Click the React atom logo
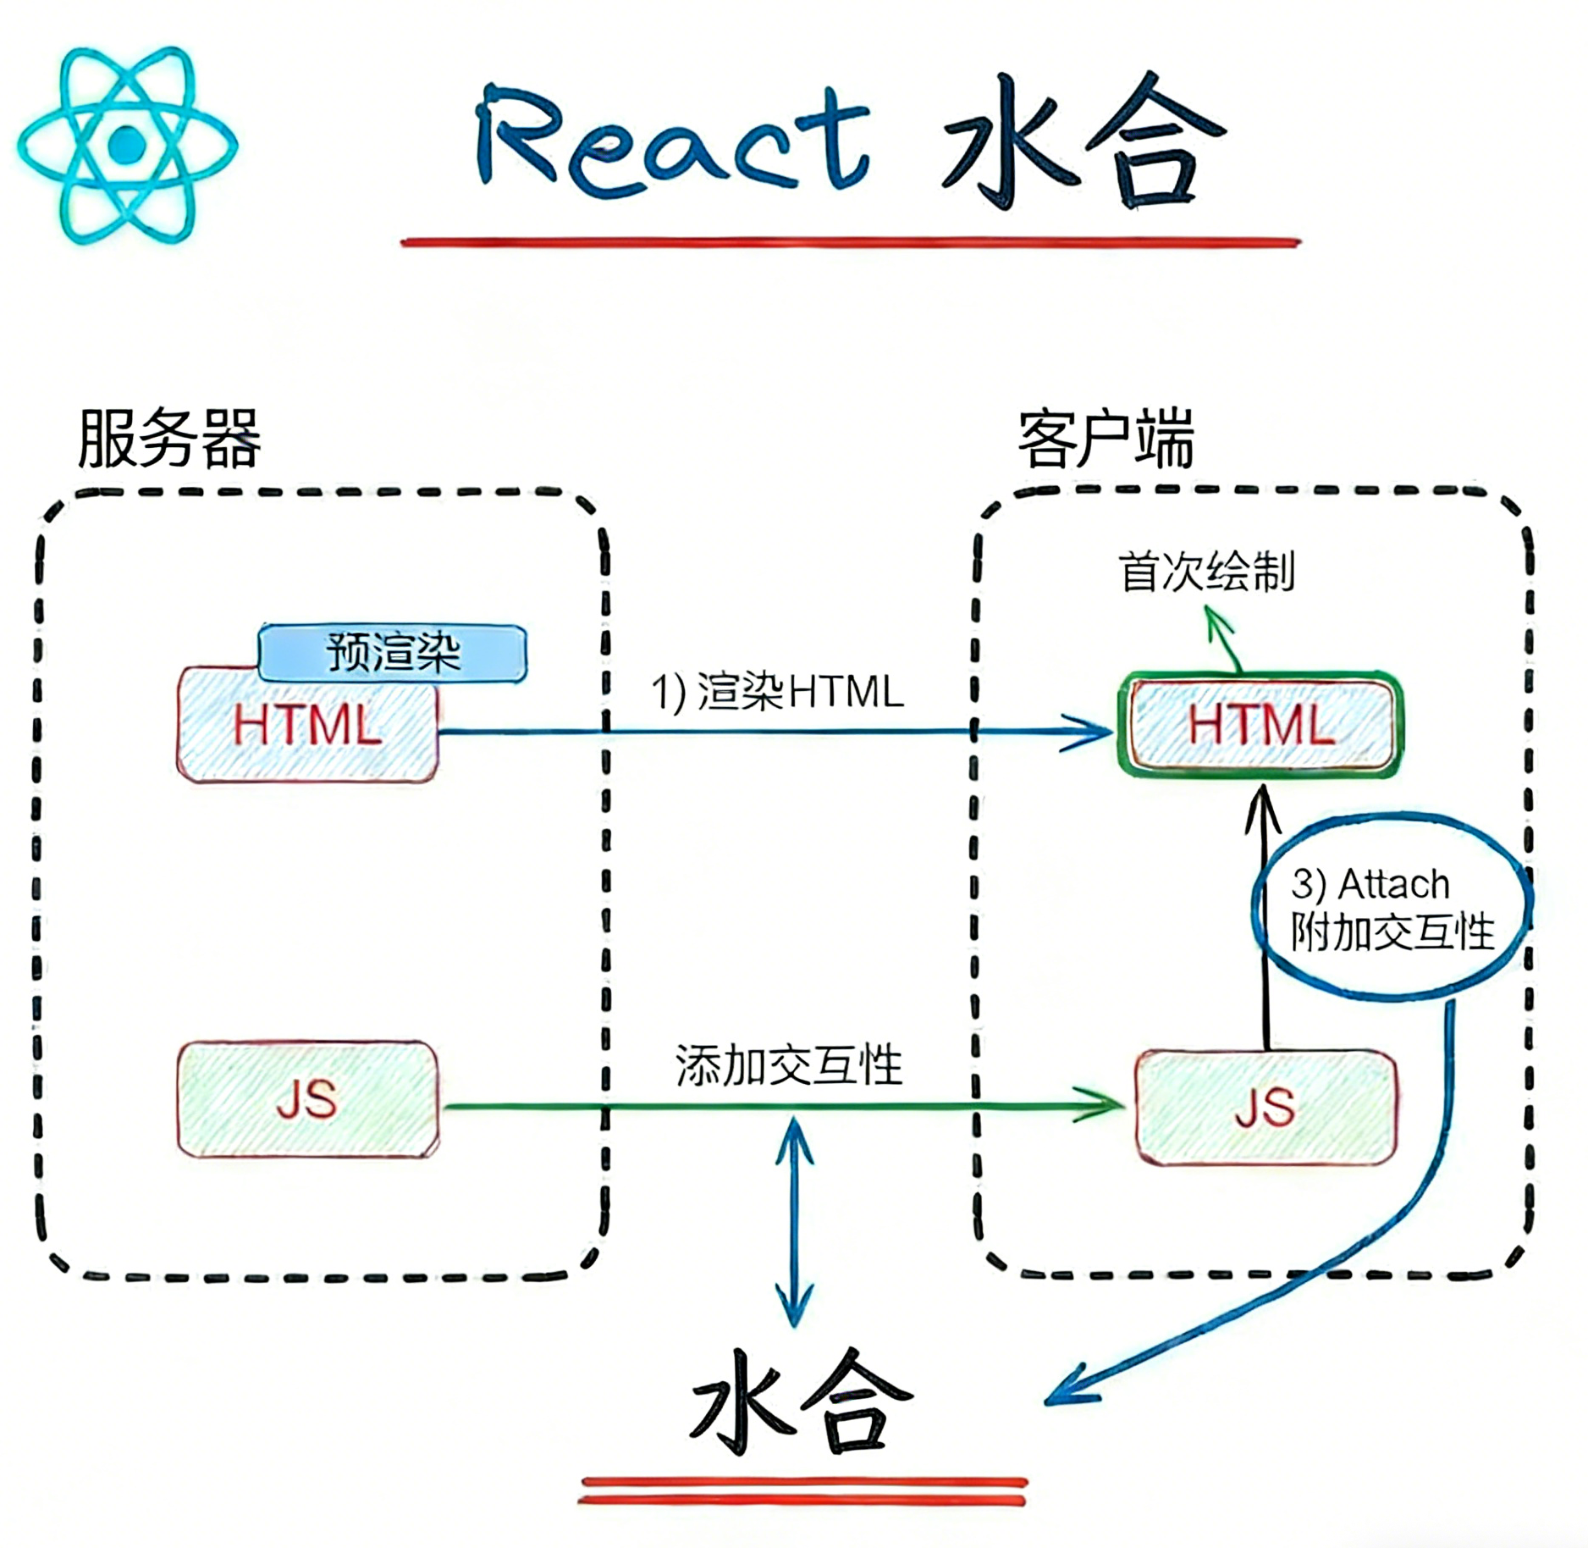click(x=127, y=145)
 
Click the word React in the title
click(x=673, y=140)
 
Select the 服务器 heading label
click(x=169, y=439)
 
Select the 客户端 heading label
click(x=1106, y=439)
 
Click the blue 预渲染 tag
click(x=392, y=652)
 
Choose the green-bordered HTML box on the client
click(x=1260, y=725)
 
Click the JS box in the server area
click(x=307, y=1099)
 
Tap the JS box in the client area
click(x=1265, y=1108)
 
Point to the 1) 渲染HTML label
click(x=777, y=691)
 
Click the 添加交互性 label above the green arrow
click(x=789, y=1064)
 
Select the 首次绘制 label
click(x=1206, y=572)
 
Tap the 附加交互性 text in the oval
click(x=1392, y=932)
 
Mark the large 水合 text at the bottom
click(x=800, y=1401)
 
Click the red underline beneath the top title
click(x=850, y=243)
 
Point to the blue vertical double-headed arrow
click(x=794, y=1219)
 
